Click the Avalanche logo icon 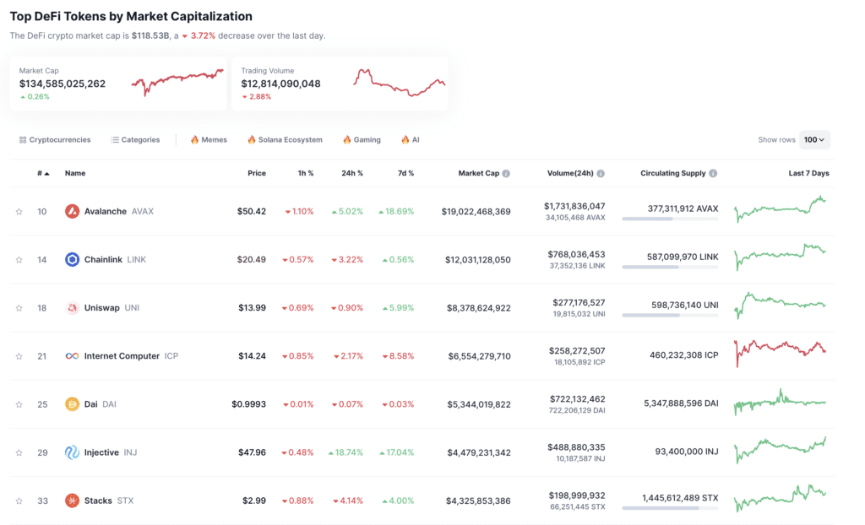pos(72,211)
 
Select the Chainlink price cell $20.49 pos(251,259)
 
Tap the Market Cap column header pos(478,173)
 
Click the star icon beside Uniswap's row pos(19,308)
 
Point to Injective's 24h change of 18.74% pos(346,452)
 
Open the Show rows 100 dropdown pos(815,139)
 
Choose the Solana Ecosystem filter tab pos(285,139)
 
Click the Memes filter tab pos(209,139)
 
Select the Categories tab pos(135,139)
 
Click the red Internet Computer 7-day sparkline pos(780,349)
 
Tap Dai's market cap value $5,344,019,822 pos(478,404)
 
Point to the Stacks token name pos(98,501)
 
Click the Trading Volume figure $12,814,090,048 pos(280,84)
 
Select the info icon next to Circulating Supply pos(713,173)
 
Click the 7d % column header pos(405,173)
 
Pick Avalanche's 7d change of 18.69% pos(396,211)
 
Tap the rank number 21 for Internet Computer pos(41,356)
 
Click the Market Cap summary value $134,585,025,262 pos(63,84)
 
